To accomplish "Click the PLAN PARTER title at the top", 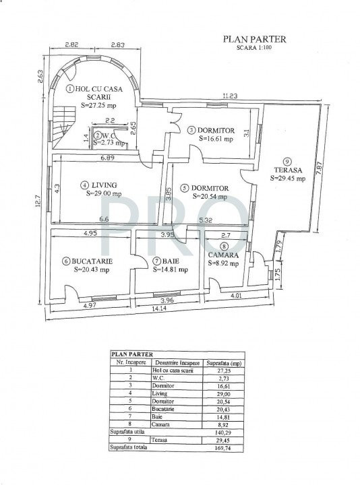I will point(255,39).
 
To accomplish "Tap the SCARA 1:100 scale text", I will point(255,48).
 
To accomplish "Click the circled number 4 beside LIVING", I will point(84,185).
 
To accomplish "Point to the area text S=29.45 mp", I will point(287,179).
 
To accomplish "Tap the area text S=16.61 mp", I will point(215,139).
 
